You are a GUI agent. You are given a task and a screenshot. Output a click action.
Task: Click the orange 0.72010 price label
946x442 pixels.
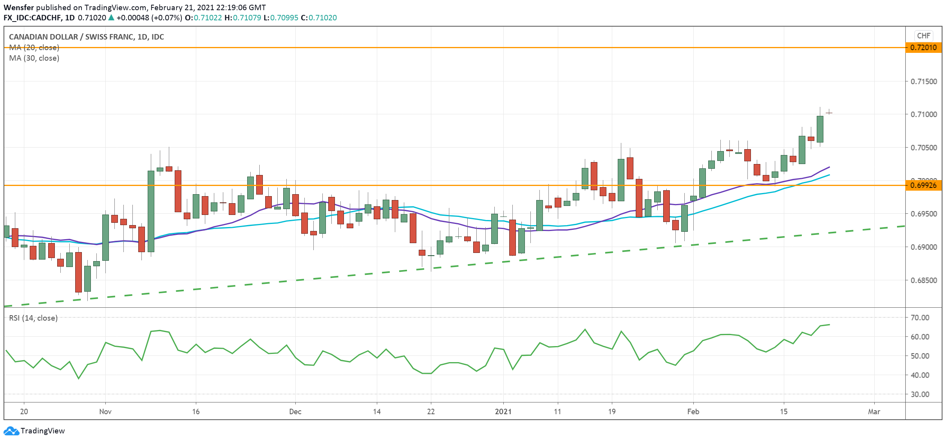[x=923, y=48]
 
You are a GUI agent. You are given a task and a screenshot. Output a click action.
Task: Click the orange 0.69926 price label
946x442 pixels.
[x=923, y=185]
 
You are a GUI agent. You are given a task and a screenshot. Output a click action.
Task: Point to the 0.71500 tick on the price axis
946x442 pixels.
[x=923, y=81]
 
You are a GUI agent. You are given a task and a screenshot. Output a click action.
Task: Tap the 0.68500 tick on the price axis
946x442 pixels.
[x=923, y=280]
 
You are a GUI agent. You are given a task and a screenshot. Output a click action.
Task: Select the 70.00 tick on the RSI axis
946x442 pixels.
[x=920, y=318]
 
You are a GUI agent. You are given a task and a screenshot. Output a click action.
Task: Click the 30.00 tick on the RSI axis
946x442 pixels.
[x=920, y=394]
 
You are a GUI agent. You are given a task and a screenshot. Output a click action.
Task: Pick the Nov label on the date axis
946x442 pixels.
[x=105, y=411]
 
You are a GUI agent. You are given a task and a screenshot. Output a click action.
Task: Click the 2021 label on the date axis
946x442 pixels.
[x=503, y=411]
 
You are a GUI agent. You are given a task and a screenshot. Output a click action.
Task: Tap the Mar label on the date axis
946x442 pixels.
[x=874, y=411]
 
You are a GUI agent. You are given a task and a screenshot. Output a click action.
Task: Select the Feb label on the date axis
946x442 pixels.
[x=693, y=411]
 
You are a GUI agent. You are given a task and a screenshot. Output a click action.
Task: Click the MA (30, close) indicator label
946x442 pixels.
[x=34, y=58]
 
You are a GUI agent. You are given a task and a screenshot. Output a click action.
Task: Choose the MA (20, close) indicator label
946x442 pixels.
[x=34, y=48]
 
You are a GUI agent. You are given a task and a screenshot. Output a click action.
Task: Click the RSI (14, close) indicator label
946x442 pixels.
[x=33, y=318]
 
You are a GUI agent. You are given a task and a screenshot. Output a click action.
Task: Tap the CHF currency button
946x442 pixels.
[x=923, y=36]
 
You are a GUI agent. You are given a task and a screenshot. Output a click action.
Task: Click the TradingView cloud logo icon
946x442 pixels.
[x=11, y=431]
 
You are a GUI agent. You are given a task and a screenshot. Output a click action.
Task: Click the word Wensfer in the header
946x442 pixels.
[x=19, y=7]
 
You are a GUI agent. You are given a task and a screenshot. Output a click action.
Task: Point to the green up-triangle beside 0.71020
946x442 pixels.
[x=111, y=18]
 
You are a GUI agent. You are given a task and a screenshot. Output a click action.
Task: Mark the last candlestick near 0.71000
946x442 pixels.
[x=829, y=113]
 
